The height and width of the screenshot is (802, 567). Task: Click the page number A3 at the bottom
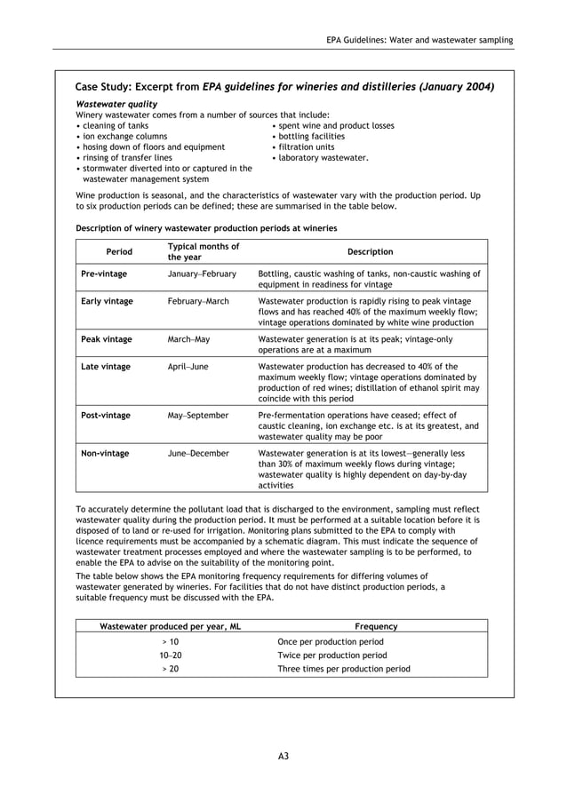[283, 756]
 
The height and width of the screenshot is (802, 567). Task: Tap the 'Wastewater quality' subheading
[116, 104]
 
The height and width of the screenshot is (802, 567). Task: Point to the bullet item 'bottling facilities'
[311, 137]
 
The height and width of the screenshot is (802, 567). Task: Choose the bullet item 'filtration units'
[306, 147]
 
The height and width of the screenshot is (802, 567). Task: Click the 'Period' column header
[119, 252]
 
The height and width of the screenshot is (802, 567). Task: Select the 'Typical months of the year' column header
[204, 251]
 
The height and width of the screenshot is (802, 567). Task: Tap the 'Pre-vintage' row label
[104, 274]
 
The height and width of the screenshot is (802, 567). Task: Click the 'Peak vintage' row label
[107, 339]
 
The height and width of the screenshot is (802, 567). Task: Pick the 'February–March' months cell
[198, 301]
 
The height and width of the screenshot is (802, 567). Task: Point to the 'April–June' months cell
[189, 366]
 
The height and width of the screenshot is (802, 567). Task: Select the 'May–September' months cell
[198, 415]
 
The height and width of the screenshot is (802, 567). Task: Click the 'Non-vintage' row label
[105, 453]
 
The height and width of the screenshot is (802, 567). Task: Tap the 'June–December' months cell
[198, 453]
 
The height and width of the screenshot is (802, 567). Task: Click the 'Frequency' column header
[376, 626]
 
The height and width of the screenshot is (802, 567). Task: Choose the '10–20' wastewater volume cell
[170, 655]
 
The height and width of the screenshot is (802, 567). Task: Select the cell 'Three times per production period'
[344, 669]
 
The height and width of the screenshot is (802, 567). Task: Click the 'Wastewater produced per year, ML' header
[170, 626]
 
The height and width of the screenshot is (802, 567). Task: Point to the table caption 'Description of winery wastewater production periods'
[206, 228]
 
